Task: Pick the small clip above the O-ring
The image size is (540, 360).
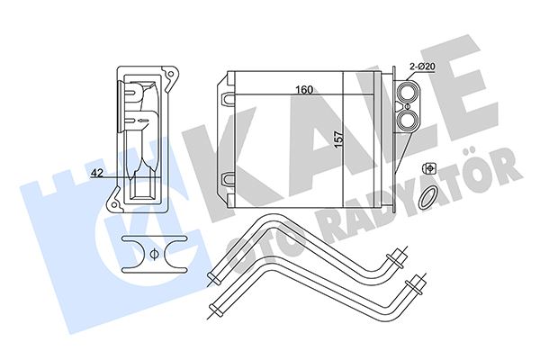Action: coord(429,169)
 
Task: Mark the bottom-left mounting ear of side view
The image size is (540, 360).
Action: coord(115,207)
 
